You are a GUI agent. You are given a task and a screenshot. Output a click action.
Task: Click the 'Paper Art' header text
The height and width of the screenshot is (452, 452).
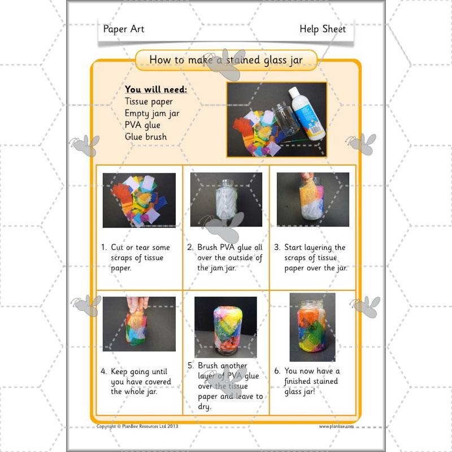[124, 29]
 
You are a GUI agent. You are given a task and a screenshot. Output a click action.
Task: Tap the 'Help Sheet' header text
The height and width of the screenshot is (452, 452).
[323, 29]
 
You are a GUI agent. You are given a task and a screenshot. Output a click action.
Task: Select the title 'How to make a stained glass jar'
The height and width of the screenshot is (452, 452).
[225, 60]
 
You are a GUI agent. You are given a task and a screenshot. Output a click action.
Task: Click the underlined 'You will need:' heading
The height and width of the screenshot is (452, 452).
[156, 89]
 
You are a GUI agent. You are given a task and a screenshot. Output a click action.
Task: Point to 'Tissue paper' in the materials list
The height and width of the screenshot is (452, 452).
[149, 102]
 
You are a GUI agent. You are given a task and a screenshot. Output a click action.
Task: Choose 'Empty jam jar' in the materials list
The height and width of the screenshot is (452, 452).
[152, 113]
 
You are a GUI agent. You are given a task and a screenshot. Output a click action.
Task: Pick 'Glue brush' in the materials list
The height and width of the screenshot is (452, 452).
[146, 136]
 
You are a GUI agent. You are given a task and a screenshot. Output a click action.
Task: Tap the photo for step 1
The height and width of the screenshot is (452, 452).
[139, 199]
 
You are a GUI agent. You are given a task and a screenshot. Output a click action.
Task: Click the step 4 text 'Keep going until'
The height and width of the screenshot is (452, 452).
[139, 372]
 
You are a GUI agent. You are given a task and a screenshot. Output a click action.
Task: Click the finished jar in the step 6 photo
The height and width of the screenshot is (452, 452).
[312, 327]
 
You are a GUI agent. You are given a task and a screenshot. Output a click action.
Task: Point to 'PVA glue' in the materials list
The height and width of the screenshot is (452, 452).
[142, 125]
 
